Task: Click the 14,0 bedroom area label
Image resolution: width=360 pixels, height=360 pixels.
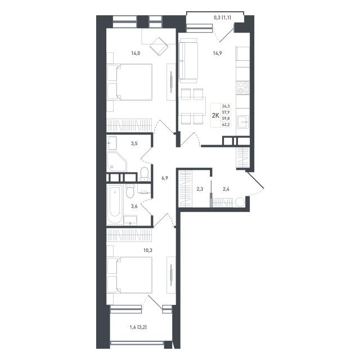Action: [136, 53]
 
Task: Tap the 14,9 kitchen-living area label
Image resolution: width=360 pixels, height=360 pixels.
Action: [217, 53]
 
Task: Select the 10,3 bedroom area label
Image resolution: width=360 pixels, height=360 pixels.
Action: [148, 250]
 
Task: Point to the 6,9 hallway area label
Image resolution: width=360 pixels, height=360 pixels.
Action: [165, 178]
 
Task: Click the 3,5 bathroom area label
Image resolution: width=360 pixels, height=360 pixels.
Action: [134, 144]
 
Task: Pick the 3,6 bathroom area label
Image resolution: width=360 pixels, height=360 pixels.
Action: [134, 206]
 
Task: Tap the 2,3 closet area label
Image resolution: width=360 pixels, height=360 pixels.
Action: [200, 190]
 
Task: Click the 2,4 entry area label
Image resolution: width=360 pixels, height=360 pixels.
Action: [226, 190]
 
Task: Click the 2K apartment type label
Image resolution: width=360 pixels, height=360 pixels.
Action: [215, 115]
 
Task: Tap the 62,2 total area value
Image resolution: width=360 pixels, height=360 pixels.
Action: [226, 125]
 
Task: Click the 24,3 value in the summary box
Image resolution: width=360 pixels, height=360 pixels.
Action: [226, 106]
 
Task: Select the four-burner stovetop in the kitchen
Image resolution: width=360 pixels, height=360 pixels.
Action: [242, 88]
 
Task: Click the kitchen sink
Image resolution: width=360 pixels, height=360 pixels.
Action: [243, 121]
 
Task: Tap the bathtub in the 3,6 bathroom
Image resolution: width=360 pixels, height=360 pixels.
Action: [115, 205]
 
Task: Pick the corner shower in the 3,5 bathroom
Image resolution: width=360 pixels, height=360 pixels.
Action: [116, 161]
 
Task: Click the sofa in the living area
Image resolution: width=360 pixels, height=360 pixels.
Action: [188, 61]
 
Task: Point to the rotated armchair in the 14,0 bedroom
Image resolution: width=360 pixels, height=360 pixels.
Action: [159, 46]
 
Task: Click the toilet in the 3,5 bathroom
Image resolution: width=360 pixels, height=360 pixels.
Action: [145, 174]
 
